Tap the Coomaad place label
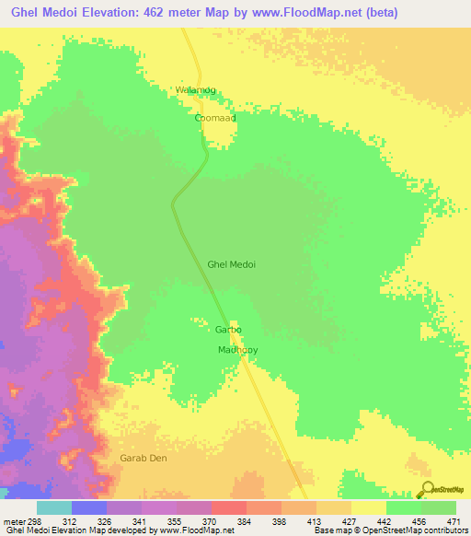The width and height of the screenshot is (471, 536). [x=215, y=118]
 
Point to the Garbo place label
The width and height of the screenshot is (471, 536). [x=228, y=329]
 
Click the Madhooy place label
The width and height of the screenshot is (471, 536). [x=237, y=350]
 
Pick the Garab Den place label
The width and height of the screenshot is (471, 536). [x=144, y=458]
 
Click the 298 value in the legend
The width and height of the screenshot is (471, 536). [x=34, y=521]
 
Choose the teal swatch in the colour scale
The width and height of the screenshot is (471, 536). [x=53, y=507]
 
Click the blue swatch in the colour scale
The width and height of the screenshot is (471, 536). [x=88, y=507]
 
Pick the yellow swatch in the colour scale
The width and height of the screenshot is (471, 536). [x=368, y=507]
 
